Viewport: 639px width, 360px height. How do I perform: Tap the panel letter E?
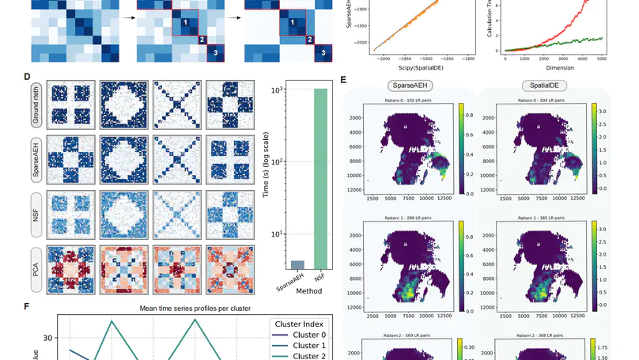[342, 79]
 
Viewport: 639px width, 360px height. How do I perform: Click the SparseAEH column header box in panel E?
[409, 85]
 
